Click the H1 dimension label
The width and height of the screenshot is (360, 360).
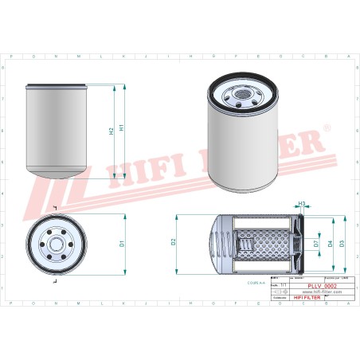click(121, 127)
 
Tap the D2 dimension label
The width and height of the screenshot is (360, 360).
click(174, 242)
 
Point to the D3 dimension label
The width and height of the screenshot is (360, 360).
click(342, 242)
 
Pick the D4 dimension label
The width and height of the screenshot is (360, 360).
click(330, 242)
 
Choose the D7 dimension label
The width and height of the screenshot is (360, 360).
click(316, 242)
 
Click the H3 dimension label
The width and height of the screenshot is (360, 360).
click(302, 204)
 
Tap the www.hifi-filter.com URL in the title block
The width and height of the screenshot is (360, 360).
click(322, 292)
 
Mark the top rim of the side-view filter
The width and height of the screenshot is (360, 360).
click(60, 84)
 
